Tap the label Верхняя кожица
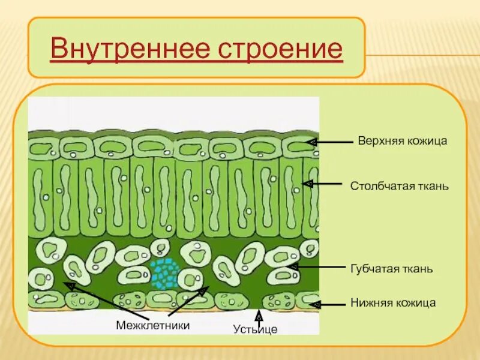point(403,142)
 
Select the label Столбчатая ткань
point(400,186)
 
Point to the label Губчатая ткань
point(391,269)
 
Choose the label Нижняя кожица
point(393,303)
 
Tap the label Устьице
point(256,329)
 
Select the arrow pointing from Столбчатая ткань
point(327,184)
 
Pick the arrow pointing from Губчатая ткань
point(318,266)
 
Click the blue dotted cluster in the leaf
point(164,273)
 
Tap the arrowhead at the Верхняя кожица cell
point(311,142)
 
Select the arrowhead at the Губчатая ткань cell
point(293,266)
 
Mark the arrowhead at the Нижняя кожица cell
point(313,304)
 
